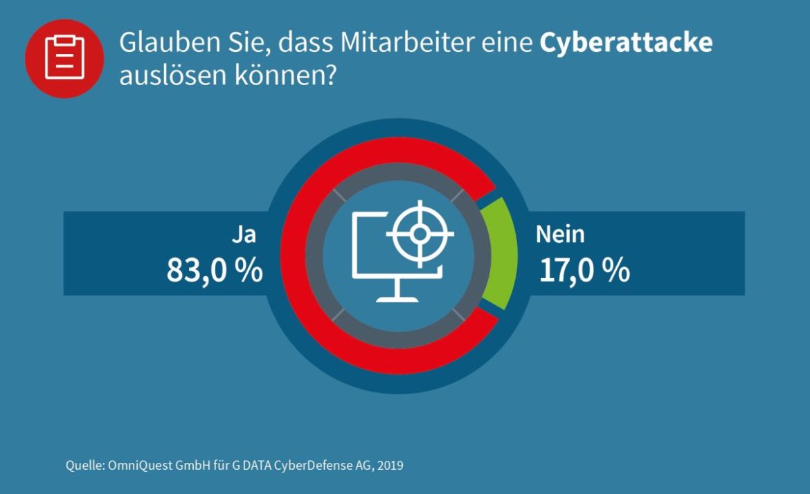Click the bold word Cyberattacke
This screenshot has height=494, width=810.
[x=626, y=43]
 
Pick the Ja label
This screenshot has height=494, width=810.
[x=244, y=235]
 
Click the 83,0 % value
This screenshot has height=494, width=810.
[x=215, y=271]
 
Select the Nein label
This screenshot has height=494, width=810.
[x=560, y=235]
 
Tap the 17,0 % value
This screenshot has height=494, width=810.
[x=584, y=271]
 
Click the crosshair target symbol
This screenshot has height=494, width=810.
[x=420, y=234]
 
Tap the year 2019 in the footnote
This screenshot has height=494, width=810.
[x=390, y=465]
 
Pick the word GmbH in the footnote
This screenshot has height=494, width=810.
[x=188, y=465]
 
